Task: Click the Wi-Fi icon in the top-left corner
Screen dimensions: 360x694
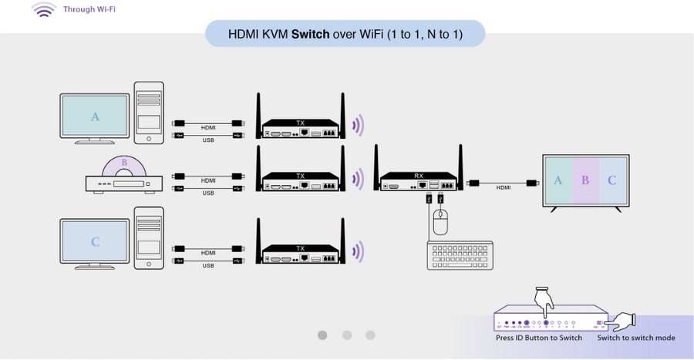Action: (x=44, y=11)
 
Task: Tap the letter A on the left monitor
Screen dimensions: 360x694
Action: (x=96, y=117)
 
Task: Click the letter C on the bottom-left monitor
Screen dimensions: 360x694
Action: (x=96, y=241)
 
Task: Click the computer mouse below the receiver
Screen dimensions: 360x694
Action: (x=440, y=224)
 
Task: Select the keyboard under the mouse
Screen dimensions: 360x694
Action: (x=460, y=255)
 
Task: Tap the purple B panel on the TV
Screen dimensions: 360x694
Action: (x=585, y=181)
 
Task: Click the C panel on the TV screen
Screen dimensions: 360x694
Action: (x=612, y=181)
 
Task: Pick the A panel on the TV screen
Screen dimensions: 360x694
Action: (x=558, y=181)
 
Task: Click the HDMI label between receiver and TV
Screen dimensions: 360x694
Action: (x=503, y=188)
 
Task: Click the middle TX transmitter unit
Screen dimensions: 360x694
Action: (x=301, y=182)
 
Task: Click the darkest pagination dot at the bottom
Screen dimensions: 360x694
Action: (x=322, y=335)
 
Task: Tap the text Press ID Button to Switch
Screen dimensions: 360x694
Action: (x=539, y=338)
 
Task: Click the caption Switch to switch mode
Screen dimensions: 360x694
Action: (x=636, y=338)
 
